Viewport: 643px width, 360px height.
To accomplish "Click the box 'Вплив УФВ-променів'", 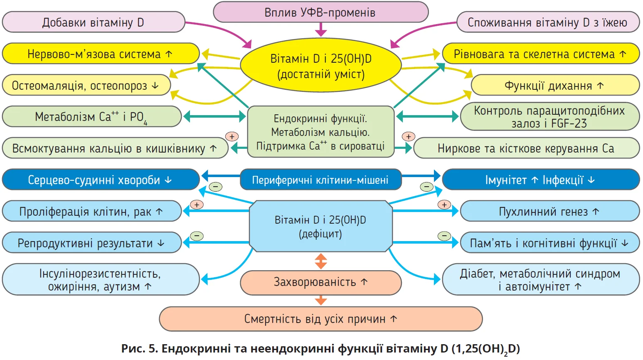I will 320,12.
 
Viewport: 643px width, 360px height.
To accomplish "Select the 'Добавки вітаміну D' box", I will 93,22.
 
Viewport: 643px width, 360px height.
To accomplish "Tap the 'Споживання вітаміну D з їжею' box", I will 547,22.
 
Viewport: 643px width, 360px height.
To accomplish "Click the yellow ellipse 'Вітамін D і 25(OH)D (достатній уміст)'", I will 320,66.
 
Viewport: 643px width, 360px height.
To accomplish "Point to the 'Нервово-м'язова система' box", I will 101,54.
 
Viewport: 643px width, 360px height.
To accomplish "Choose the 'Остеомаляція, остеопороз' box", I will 86,85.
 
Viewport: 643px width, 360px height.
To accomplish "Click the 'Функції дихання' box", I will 554,85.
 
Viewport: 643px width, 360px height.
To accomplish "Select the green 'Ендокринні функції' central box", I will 320,132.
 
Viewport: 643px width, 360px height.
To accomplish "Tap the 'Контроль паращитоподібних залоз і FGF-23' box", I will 549,117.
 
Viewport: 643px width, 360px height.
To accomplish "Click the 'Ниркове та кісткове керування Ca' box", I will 526,148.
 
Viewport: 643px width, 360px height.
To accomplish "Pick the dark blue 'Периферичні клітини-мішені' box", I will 320,180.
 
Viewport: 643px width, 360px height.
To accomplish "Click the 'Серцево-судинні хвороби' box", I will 101,180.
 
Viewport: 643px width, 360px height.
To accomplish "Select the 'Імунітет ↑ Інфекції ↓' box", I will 540,180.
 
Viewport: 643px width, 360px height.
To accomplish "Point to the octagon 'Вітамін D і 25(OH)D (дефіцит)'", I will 320,227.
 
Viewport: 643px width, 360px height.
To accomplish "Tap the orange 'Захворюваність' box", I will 320,282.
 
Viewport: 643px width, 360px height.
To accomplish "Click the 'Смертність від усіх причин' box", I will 320,319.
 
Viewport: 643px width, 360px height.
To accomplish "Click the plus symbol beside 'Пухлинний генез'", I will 444,205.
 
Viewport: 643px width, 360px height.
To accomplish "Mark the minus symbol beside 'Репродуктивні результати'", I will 197,236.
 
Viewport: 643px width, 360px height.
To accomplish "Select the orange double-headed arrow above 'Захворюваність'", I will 320,261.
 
